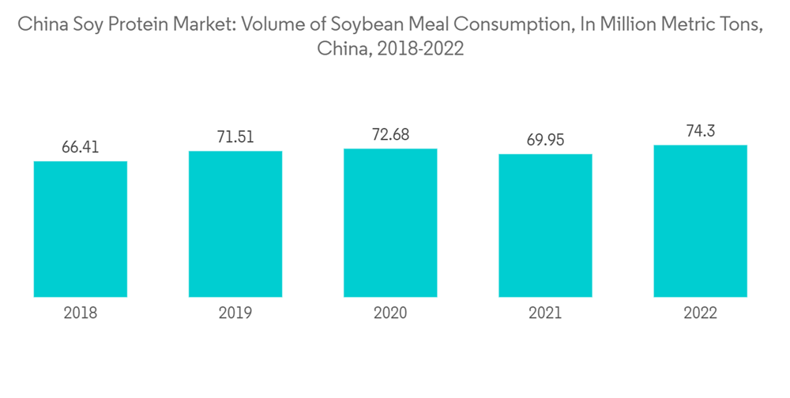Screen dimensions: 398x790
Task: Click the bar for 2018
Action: (81, 229)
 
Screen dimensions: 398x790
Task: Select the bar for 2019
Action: (235, 223)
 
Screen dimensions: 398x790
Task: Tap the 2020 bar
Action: (390, 223)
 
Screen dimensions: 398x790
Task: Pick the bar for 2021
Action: (545, 225)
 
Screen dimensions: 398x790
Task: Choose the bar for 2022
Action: (700, 221)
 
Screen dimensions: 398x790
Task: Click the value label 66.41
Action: (81, 147)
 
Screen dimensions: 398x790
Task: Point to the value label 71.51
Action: (235, 136)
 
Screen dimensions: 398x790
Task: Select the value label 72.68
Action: (390, 133)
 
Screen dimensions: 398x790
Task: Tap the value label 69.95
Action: (545, 140)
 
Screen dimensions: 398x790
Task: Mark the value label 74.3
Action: (700, 130)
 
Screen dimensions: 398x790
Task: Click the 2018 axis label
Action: (81, 313)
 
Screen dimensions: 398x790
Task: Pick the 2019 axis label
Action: (235, 313)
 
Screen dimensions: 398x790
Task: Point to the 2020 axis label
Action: (390, 313)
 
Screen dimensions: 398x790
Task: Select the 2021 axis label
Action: (545, 313)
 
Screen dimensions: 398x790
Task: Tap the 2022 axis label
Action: (700, 313)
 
